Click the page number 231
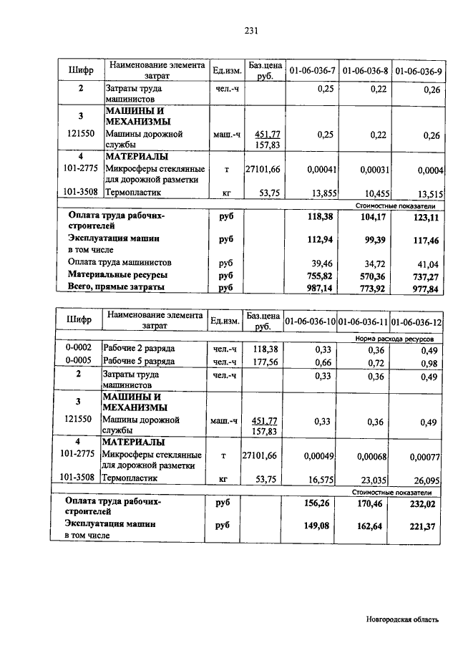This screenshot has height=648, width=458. [250, 30]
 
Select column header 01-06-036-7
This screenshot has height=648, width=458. [311, 71]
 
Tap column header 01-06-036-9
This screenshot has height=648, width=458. [419, 71]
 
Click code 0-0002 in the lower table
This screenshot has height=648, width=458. [77, 349]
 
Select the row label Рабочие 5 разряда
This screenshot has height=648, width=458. [139, 362]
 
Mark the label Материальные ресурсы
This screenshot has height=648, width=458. [118, 275]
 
